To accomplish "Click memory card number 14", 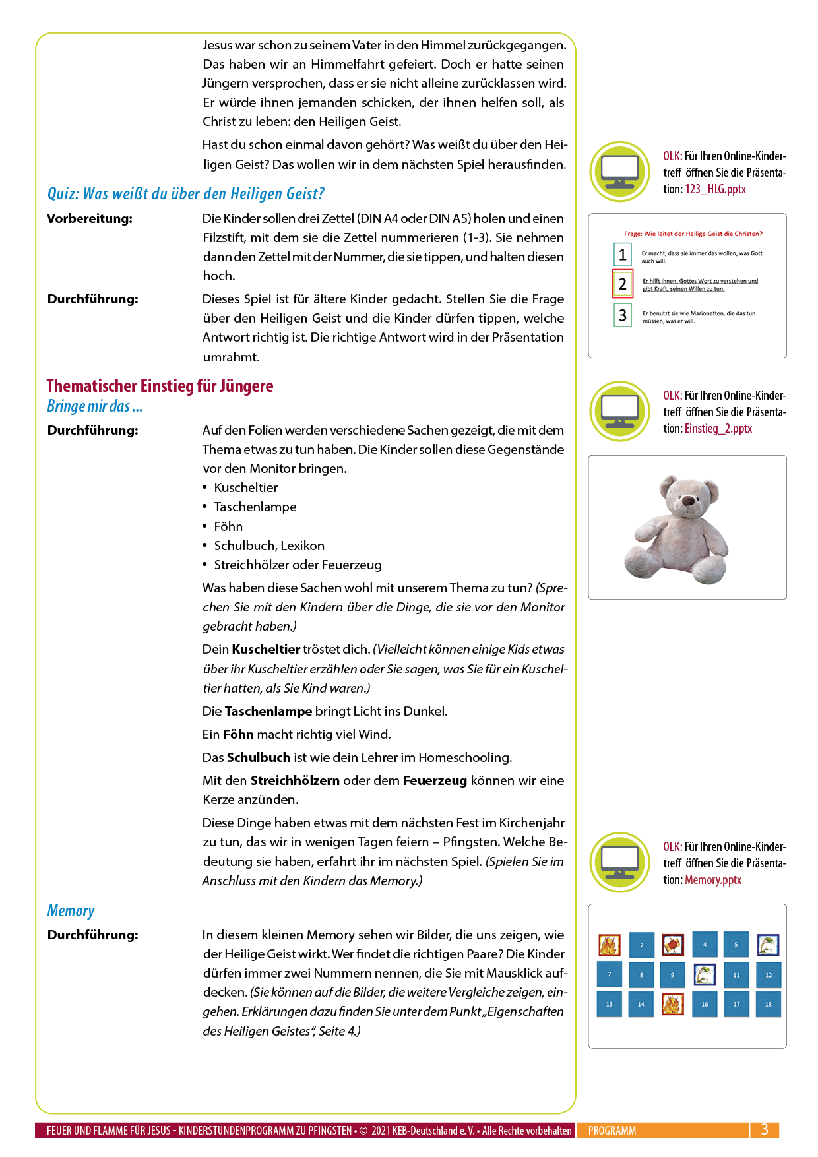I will click(641, 1004).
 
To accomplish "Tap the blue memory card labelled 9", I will click(672, 974).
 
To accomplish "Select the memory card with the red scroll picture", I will click(672, 945).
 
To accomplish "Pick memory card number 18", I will click(768, 1004).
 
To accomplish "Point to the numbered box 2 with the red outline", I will click(622, 284).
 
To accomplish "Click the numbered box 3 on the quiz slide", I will click(622, 315).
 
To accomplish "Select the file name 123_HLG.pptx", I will click(715, 189).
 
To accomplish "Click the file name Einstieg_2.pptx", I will click(718, 429).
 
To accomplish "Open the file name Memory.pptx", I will click(712, 880).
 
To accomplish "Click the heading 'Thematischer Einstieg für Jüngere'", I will click(160, 386).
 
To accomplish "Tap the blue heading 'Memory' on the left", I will click(71, 911).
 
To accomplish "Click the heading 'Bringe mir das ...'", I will click(94, 406).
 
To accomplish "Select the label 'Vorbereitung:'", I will click(90, 219).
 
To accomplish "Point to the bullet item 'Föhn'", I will click(228, 526).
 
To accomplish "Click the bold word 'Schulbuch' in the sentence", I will click(258, 757).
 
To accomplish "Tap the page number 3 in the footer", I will click(764, 1129).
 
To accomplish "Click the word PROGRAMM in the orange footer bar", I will click(612, 1131).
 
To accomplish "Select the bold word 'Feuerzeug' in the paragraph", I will click(435, 780).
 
